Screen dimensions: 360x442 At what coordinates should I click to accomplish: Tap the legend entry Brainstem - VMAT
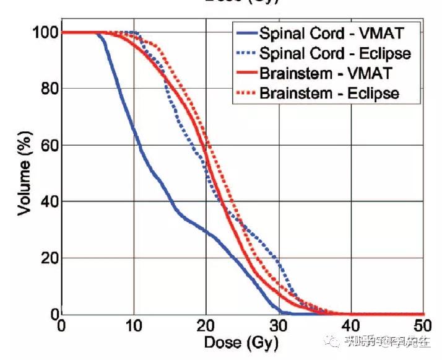pyautogui.click(x=335, y=73)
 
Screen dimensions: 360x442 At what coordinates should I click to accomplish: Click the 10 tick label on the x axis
pyautogui.click(x=134, y=327)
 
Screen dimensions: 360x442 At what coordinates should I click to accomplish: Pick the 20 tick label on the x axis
pyautogui.click(x=206, y=327)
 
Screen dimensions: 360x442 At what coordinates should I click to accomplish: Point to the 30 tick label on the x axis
pyautogui.click(x=279, y=327)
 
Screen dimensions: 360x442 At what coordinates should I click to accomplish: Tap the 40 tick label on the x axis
pyautogui.click(x=352, y=327)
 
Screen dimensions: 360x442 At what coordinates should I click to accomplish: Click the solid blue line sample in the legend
pyautogui.click(x=247, y=32)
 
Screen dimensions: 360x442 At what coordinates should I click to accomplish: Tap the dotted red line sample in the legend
pyautogui.click(x=247, y=94)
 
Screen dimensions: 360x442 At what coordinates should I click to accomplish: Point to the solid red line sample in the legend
pyautogui.click(x=247, y=73)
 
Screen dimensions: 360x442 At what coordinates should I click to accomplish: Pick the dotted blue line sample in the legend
pyautogui.click(x=247, y=53)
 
